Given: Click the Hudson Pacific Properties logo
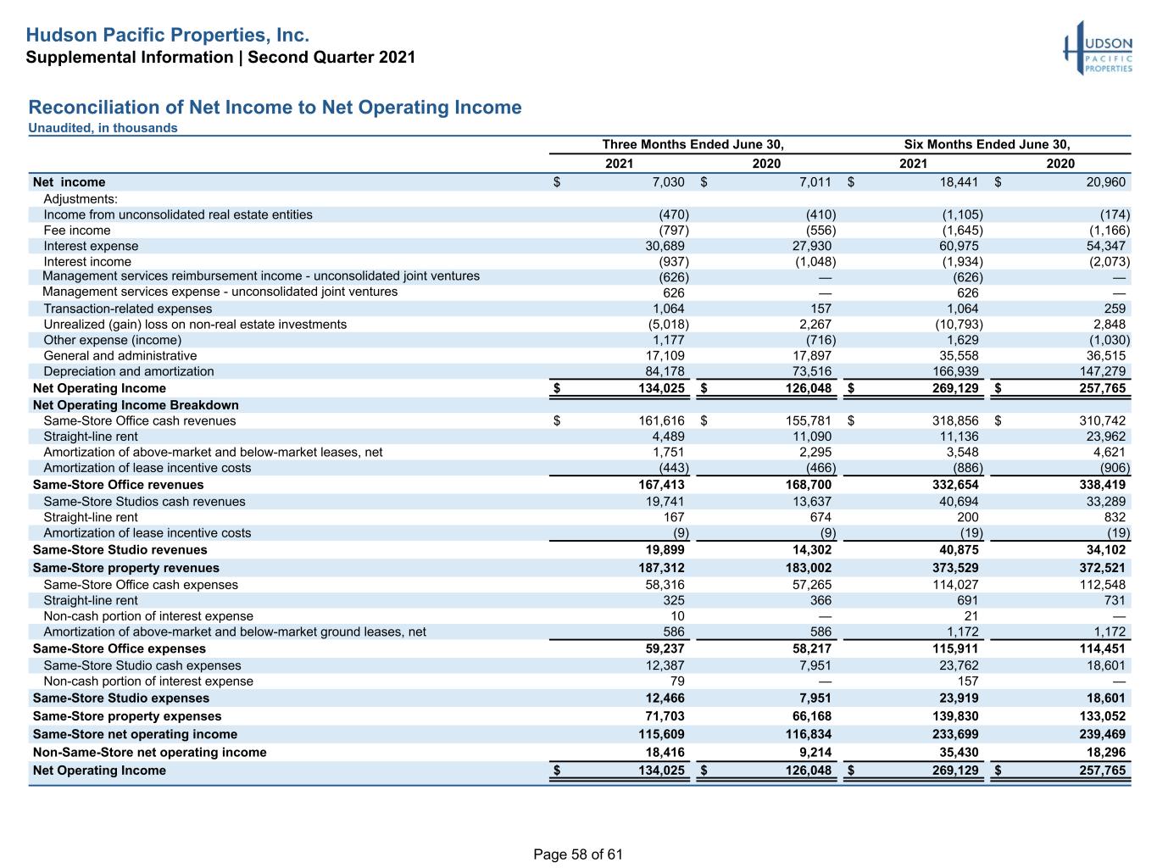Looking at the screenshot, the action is pyautogui.click(x=1097, y=48).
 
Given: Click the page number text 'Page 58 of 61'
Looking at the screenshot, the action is pyautogui.click(x=578, y=854).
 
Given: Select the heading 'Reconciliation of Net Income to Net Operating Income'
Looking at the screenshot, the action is pyautogui.click(x=275, y=107).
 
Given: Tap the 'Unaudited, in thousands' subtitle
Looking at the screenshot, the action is pyautogui.click(x=103, y=128).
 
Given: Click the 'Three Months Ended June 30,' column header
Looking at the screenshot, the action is pyautogui.click(x=693, y=144).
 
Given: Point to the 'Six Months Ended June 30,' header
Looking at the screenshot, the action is pyautogui.click(x=987, y=144).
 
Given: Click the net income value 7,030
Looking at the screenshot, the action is pyautogui.click(x=668, y=181).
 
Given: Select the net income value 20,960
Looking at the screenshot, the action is pyautogui.click(x=1105, y=181).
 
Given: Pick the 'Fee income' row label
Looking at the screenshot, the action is pyautogui.click(x=77, y=231).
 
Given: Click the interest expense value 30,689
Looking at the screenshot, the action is pyautogui.click(x=665, y=246).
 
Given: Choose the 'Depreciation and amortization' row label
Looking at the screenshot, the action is pyautogui.click(x=129, y=371).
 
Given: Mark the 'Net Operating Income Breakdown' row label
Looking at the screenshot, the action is pyautogui.click(x=136, y=404).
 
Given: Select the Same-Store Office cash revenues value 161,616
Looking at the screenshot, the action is pyautogui.click(x=661, y=420).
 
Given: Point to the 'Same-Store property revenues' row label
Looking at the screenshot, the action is pyautogui.click(x=126, y=568).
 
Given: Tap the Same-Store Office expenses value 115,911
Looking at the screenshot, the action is pyautogui.click(x=955, y=648).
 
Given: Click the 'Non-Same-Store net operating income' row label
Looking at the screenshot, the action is pyautogui.click(x=150, y=752).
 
